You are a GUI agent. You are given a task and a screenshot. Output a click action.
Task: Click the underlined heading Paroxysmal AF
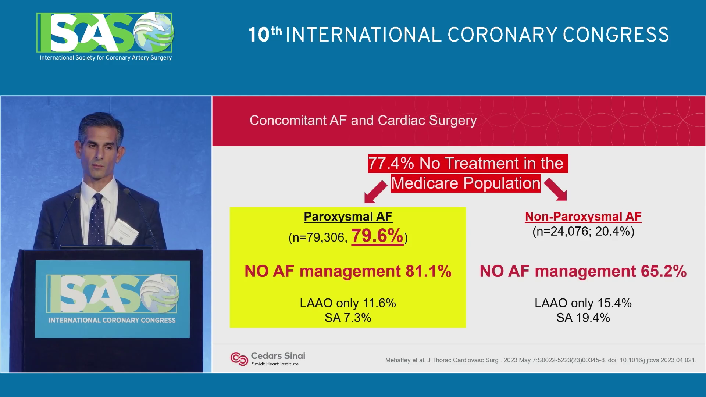[348, 217]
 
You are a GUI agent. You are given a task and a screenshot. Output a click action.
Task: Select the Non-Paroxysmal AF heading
[583, 217]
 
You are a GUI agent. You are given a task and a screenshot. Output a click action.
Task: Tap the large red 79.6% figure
[377, 236]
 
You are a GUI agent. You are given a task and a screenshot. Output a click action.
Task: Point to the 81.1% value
[428, 271]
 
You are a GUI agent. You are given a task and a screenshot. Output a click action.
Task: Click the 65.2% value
[664, 271]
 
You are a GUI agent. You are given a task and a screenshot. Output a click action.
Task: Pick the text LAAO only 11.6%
[348, 303]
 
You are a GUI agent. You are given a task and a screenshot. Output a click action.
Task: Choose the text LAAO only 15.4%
[583, 303]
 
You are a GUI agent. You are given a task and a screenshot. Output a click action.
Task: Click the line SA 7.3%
[348, 318]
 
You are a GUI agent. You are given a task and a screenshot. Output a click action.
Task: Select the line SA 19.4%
[583, 318]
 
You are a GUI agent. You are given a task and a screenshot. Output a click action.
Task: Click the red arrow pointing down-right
[556, 189]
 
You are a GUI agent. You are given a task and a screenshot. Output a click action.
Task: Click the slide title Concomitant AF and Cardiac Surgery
[363, 120]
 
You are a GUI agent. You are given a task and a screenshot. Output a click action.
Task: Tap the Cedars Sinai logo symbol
[239, 359]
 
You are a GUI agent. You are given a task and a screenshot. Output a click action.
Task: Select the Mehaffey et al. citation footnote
[541, 360]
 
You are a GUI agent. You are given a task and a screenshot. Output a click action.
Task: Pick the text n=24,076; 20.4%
[583, 231]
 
